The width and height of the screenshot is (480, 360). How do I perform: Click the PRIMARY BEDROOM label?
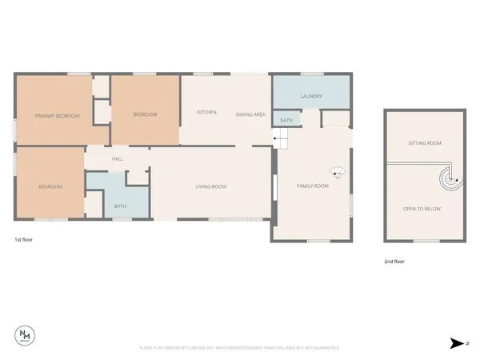[57, 116]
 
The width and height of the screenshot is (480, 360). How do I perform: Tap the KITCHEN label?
[206, 112]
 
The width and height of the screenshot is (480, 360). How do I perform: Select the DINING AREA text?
[250, 114]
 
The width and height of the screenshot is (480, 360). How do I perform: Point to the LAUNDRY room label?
[311, 97]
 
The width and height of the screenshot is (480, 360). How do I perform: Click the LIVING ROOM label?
[211, 186]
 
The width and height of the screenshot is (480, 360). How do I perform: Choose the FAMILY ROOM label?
[313, 186]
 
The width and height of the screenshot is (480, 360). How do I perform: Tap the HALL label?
[118, 159]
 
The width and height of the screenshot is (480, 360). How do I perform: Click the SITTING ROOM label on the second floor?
[424, 142]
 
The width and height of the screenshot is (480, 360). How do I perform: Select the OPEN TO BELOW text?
[422, 208]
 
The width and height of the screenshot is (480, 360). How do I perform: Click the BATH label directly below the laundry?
[286, 120]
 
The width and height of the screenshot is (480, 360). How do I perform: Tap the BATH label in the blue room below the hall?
[120, 206]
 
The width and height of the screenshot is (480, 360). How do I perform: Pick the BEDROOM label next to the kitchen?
[145, 114]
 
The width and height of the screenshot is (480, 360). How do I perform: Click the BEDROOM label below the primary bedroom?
[50, 186]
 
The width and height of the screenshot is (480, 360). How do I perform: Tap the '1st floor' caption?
[24, 239]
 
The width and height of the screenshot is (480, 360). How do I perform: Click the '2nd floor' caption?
[394, 262]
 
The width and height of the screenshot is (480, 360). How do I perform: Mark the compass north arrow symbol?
[455, 342]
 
